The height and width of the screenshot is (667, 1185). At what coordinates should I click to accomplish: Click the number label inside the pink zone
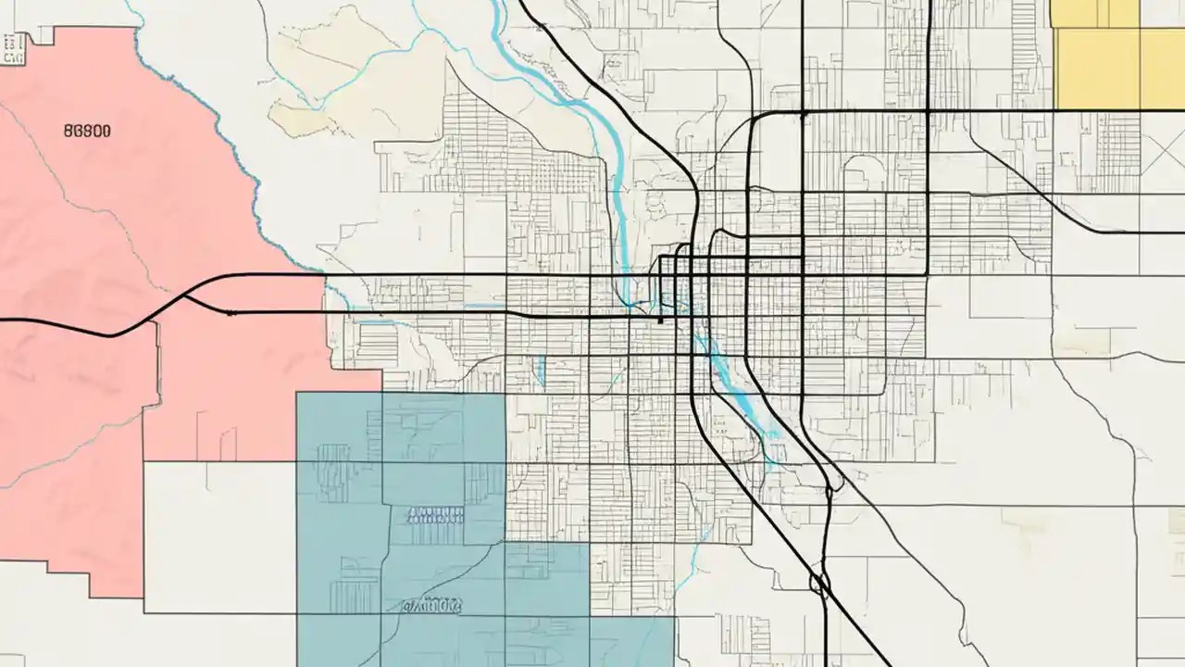87,132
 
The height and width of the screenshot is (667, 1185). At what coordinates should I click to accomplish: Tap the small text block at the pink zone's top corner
13,49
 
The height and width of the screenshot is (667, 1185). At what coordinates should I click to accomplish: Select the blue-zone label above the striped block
434,515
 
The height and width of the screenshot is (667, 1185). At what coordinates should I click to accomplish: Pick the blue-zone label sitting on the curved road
431,607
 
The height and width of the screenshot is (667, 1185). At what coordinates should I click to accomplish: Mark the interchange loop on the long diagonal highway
818,584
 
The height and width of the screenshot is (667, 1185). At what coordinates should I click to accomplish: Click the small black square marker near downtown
660,321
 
